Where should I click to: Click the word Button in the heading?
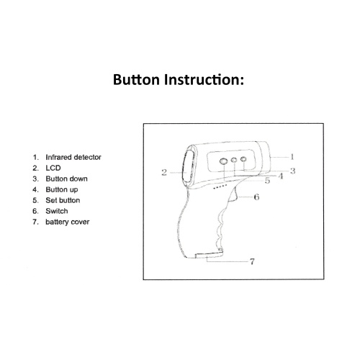tap(136, 79)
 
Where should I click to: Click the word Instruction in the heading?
tap(204, 79)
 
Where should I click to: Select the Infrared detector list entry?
tap(73, 157)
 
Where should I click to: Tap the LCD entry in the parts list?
tap(53, 168)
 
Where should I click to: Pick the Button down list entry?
tap(66, 179)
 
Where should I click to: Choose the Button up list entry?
tap(62, 189)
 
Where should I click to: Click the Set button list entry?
tap(63, 200)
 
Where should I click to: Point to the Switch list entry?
tap(57, 211)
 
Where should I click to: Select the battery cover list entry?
tap(68, 222)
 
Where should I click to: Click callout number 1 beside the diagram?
tap(292, 157)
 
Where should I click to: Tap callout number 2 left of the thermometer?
tap(164, 172)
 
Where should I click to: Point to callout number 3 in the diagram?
tap(292, 171)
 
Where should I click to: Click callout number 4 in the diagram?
tap(281, 176)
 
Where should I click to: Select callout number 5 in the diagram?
tap(267, 181)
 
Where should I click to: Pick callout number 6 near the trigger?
tap(256, 197)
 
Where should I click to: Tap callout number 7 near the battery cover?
tap(252, 261)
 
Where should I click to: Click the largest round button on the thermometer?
tap(223, 161)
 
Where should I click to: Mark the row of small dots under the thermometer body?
tap(220, 186)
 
